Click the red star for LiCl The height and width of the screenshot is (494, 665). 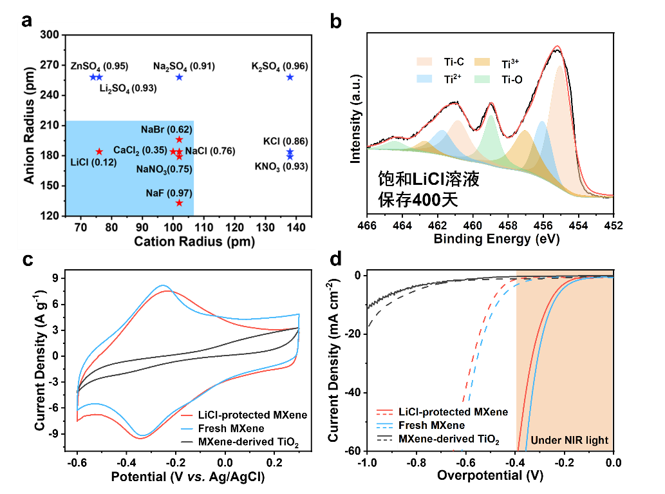pyautogui.click(x=99, y=151)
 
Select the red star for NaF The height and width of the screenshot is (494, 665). pyautogui.click(x=179, y=203)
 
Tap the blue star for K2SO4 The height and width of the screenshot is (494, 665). pyautogui.click(x=290, y=77)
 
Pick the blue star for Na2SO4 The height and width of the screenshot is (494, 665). pyautogui.click(x=179, y=77)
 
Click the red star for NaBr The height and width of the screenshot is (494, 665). pyautogui.click(x=179, y=139)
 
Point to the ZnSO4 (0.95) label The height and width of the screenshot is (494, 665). pyautogui.click(x=99, y=66)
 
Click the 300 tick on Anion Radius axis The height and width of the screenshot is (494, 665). pyautogui.click(x=50, y=35)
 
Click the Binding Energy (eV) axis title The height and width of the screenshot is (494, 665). pyautogui.click(x=496, y=239)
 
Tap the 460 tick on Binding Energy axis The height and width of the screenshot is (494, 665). pyautogui.click(x=473, y=226)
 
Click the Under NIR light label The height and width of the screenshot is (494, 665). pyautogui.click(x=569, y=441)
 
